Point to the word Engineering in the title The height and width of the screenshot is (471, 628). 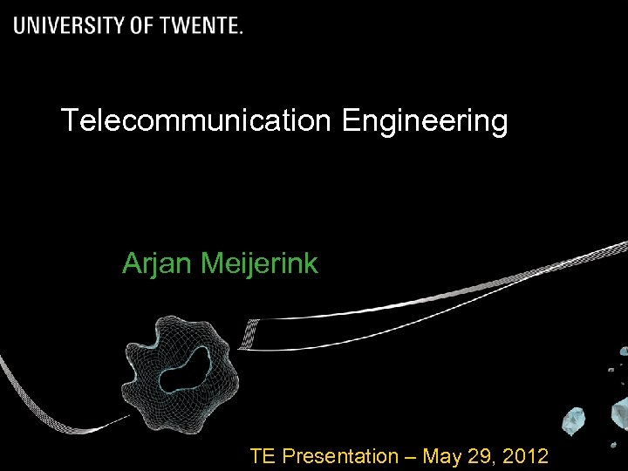pos(425,122)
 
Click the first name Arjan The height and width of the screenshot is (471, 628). pos(158,263)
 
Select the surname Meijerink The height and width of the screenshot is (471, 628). pos(259,263)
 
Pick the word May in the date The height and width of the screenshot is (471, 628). pos(446,456)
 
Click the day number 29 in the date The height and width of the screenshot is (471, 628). pos(487,455)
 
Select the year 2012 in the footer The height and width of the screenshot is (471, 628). pos(528,455)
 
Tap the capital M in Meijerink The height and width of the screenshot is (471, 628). pos(210,263)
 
